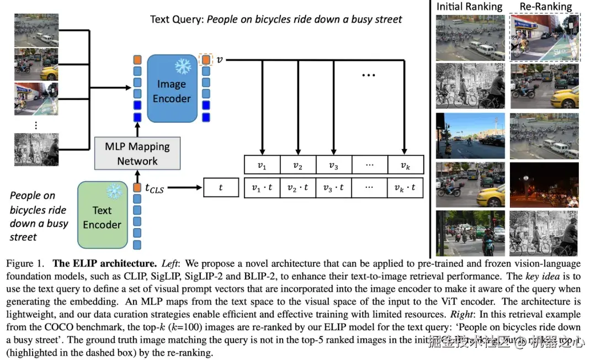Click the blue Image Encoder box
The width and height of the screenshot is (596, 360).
tap(172, 91)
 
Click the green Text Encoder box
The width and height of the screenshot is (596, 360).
tap(102, 217)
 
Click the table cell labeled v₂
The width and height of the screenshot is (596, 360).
tap(298, 165)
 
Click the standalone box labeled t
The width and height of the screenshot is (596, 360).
tap(221, 188)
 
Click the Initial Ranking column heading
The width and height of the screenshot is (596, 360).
tap(469, 7)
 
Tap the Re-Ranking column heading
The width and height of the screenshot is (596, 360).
tap(545, 7)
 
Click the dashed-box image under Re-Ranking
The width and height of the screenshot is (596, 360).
tap(545, 37)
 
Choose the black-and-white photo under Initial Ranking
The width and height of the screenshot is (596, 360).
tap(470, 86)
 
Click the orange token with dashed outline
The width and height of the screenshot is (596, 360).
tap(206, 59)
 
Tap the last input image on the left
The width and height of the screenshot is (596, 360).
tap(36, 149)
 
